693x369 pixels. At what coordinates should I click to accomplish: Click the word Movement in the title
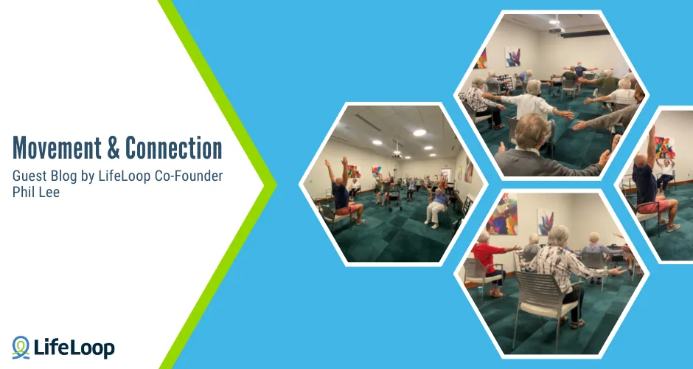pyautogui.click(x=55, y=148)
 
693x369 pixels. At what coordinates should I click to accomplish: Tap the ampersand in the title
pyautogui.click(x=114, y=148)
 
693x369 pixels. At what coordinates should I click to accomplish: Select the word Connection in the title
pyautogui.click(x=174, y=148)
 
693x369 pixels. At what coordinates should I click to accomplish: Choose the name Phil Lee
pyautogui.click(x=36, y=192)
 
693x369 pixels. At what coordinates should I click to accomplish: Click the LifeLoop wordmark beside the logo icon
pyautogui.click(x=74, y=347)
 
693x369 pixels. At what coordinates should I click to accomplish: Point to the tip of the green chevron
pyautogui.click(x=274, y=184)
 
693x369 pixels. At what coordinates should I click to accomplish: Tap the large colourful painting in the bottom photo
pyautogui.click(x=503, y=214)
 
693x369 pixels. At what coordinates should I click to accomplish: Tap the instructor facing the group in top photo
pyautogui.click(x=580, y=72)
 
